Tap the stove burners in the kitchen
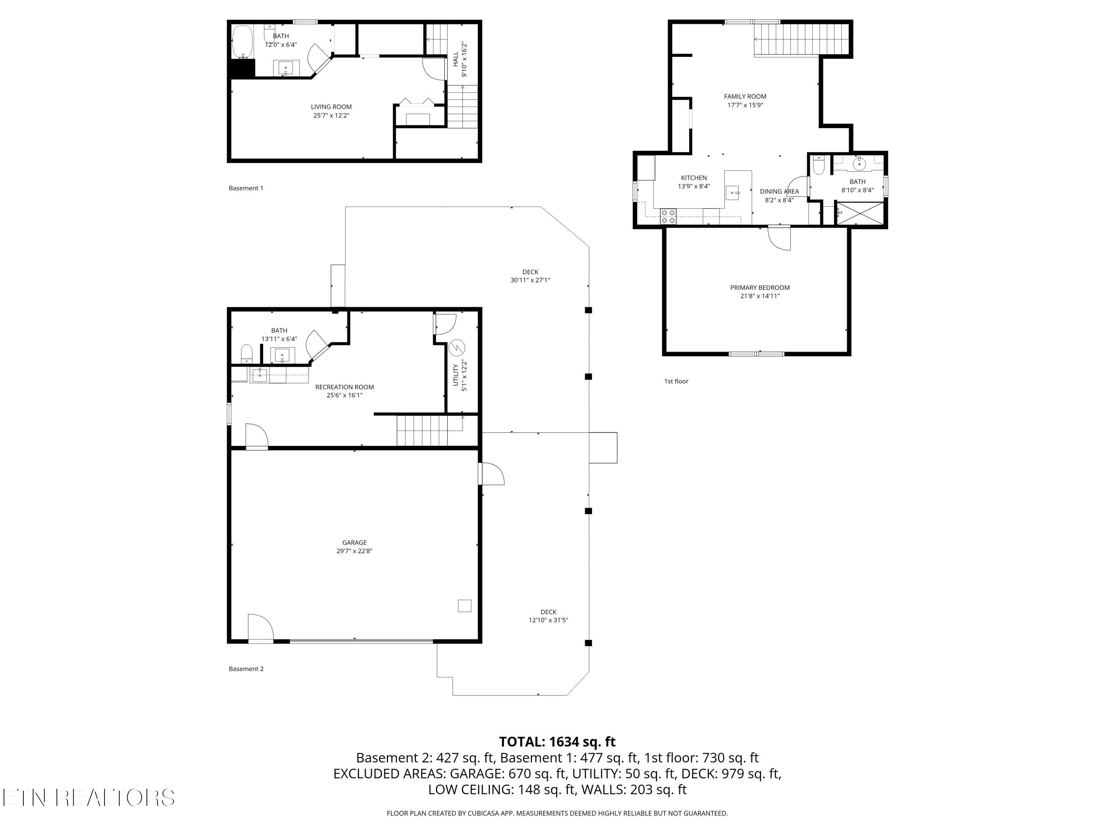tap(668, 216)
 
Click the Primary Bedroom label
tap(760, 288)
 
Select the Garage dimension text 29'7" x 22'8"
tap(354, 551)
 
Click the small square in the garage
tap(464, 605)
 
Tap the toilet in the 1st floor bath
tap(819, 164)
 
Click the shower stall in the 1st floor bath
tap(860, 214)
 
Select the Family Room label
tap(745, 96)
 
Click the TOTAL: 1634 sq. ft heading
tap(557, 742)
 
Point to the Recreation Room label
tap(344, 387)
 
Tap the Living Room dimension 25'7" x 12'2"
tap(331, 116)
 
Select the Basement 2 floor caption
tap(246, 669)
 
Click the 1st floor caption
tap(676, 381)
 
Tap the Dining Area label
tap(779, 191)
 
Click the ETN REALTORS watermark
tap(89, 797)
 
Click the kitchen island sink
tap(733, 192)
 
